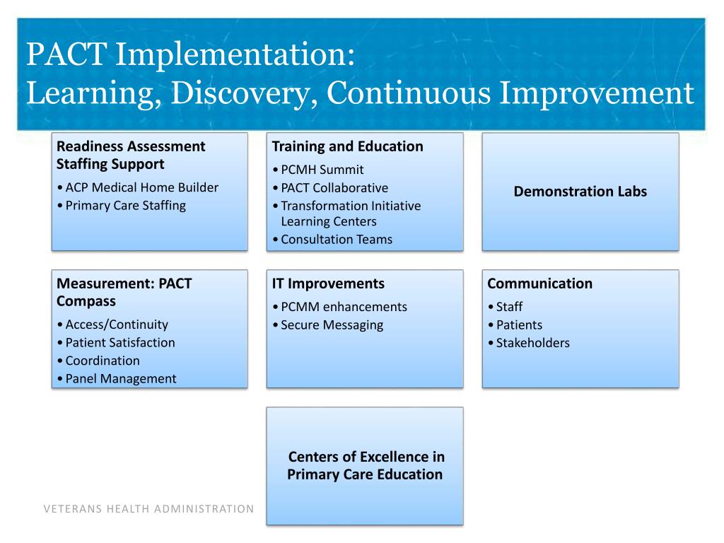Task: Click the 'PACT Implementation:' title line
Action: [x=191, y=55]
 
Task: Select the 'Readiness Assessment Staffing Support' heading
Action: [x=131, y=155]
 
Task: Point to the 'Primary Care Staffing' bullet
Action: [x=125, y=206]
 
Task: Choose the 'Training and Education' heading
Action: [x=347, y=146]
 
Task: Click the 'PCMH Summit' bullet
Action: [x=322, y=170]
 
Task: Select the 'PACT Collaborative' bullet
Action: [x=334, y=188]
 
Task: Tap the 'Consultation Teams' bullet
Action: [x=336, y=240]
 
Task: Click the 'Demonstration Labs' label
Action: [x=580, y=191]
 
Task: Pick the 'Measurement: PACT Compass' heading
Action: [x=124, y=292]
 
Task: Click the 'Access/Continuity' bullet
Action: [x=117, y=325]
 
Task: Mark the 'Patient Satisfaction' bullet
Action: [x=120, y=343]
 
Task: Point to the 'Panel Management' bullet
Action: [x=121, y=379]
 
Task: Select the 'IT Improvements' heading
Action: [x=328, y=284]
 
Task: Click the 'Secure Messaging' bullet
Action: [x=332, y=325]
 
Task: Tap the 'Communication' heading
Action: [x=539, y=284]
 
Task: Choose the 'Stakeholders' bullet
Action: [x=532, y=344]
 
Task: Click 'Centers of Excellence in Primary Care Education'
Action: [x=366, y=465]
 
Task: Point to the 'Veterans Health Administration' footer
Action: [x=148, y=509]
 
